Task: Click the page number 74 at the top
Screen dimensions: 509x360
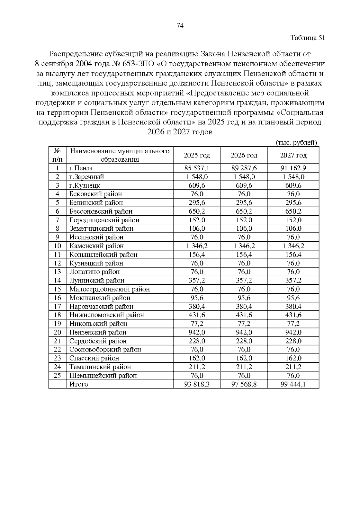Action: [180, 26]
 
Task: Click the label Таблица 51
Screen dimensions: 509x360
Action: [308, 38]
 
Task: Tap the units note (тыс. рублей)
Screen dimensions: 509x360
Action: [296, 143]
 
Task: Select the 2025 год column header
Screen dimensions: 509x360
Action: [197, 155]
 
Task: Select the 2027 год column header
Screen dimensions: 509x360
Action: [293, 155]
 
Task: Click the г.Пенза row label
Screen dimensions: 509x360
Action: [81, 168]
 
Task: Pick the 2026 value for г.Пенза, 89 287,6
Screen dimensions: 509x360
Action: [244, 168]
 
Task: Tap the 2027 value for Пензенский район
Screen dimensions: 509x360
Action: [293, 332]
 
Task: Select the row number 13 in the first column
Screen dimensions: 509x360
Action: [57, 272]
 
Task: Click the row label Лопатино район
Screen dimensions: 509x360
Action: [94, 272]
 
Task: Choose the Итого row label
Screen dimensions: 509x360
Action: [79, 384]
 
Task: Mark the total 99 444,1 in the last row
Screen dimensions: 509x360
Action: [293, 384]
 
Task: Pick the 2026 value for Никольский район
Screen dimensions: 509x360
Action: [244, 324]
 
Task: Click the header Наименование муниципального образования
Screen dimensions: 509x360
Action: [119, 155]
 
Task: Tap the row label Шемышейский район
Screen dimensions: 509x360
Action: [103, 376]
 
